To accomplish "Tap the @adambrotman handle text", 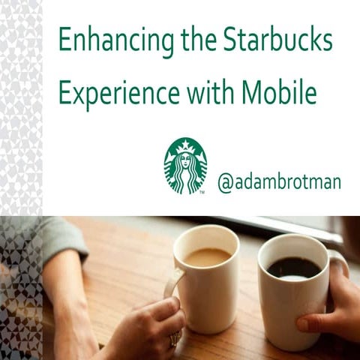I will point(279,182).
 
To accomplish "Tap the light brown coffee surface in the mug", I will point(207,256).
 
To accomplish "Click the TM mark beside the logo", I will point(202,193).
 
